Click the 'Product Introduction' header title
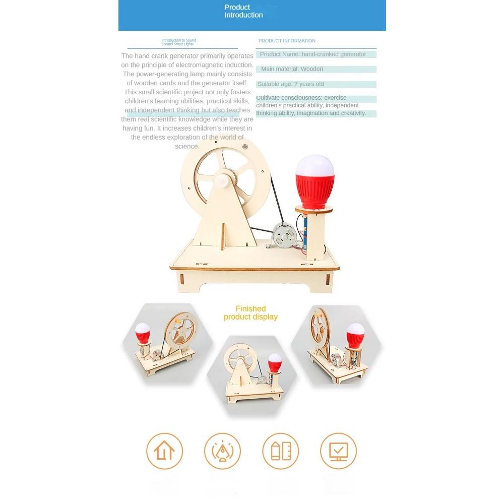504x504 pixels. point(243,11)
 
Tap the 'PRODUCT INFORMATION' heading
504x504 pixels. point(287,41)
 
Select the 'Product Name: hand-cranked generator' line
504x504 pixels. point(313,54)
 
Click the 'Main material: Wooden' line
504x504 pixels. point(292,69)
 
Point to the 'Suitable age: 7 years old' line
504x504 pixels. point(290,84)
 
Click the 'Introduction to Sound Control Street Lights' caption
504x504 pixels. point(178,42)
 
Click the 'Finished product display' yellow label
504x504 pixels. point(250,312)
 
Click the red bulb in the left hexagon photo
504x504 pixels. point(143,333)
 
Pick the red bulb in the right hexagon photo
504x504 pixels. point(355,335)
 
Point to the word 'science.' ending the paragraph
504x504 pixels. point(187,146)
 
